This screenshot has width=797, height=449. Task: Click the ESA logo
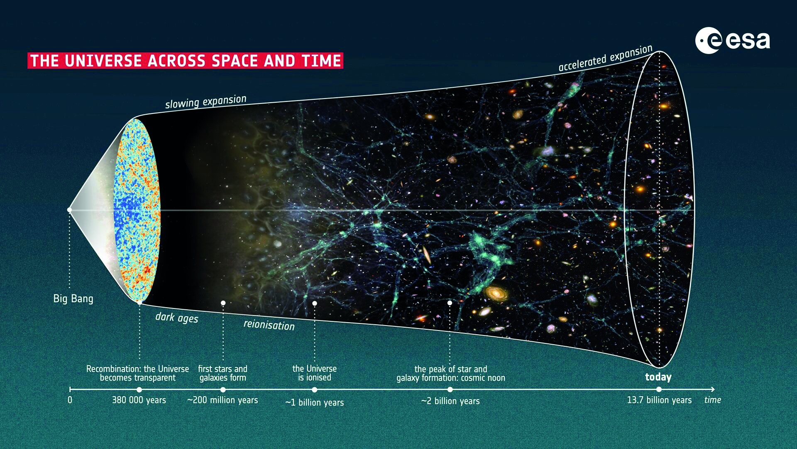[x=733, y=40]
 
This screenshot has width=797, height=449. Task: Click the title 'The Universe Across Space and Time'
[x=186, y=61]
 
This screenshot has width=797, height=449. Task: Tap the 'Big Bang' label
[x=73, y=299]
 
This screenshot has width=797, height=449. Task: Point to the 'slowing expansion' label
[x=206, y=101]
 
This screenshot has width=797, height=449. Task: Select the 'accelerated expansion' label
[x=606, y=58]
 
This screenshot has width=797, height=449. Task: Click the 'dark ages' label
[x=177, y=318]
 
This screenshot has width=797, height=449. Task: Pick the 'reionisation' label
[x=269, y=325]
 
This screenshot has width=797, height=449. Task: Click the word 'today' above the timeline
[x=658, y=377]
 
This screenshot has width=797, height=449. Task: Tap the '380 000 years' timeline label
[x=139, y=400]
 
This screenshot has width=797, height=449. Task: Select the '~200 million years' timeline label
[x=222, y=400]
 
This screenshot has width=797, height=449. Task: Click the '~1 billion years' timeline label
[x=315, y=402]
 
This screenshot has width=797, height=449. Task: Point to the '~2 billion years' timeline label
[x=450, y=401]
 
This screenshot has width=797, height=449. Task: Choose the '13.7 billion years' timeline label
[x=659, y=400]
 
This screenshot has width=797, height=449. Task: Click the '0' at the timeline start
[x=70, y=400]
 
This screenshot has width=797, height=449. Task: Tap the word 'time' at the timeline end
[x=713, y=400]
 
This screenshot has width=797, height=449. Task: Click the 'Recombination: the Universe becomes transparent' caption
[x=137, y=373]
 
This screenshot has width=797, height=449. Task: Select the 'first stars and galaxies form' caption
[x=222, y=373]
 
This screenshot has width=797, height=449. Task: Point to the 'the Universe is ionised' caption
[x=315, y=373]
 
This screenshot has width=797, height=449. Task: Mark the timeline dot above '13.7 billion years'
[x=659, y=390]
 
